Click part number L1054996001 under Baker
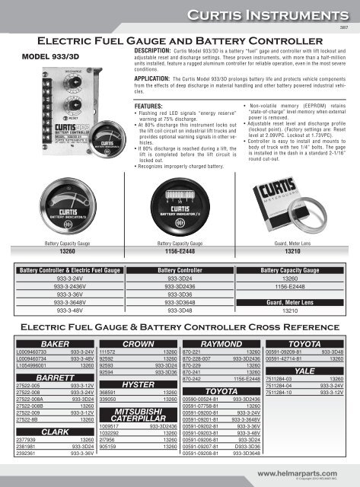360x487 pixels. tap(37, 366)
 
